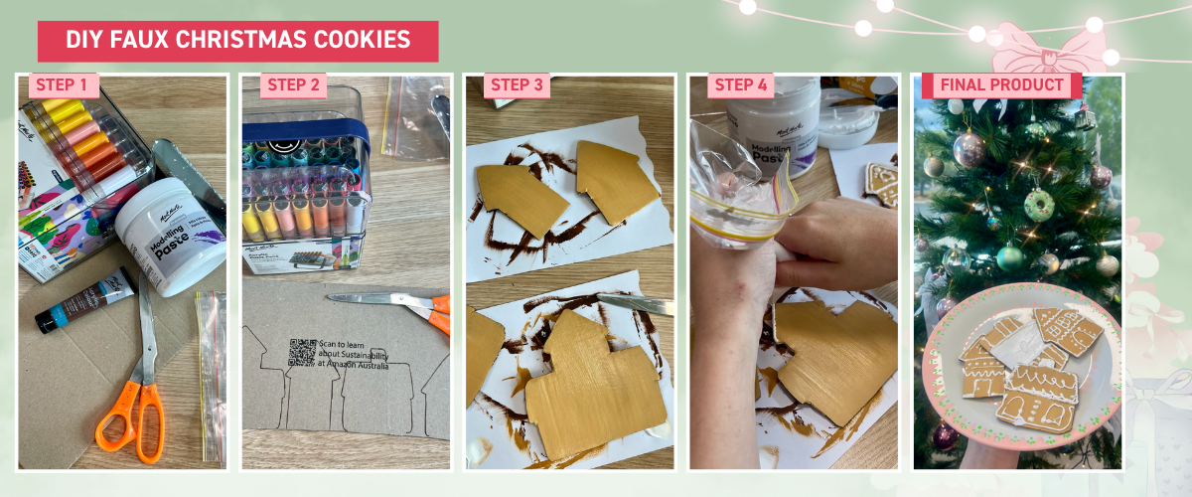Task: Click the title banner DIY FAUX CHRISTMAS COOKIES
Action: (x=237, y=41)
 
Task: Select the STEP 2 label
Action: (x=294, y=85)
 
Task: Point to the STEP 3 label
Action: (x=517, y=85)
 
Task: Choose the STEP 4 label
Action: (x=741, y=85)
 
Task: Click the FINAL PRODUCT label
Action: (x=1001, y=85)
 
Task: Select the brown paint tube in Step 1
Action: (x=84, y=301)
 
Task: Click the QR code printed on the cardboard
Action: (x=302, y=353)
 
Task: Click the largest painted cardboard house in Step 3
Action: (x=591, y=383)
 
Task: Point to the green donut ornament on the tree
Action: (x=1039, y=205)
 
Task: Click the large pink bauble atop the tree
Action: (x=968, y=149)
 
